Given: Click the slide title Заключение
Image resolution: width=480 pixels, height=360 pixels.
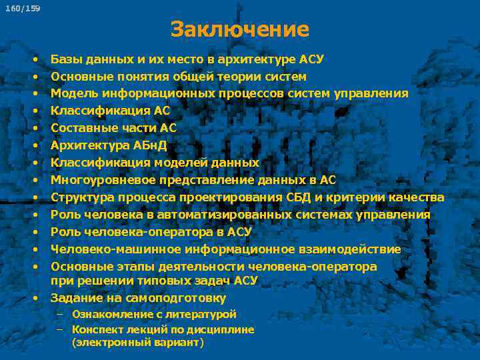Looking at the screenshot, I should (239, 29).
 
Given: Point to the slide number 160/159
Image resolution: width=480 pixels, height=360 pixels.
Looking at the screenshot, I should (23, 9).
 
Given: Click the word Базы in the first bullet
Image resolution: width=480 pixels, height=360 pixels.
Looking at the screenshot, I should (65, 59).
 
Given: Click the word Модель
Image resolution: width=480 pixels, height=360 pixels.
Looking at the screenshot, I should (73, 94).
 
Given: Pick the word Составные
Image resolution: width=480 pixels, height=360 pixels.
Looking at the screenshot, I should (82, 129).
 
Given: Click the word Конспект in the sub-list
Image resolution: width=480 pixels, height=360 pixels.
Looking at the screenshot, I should (96, 329).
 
